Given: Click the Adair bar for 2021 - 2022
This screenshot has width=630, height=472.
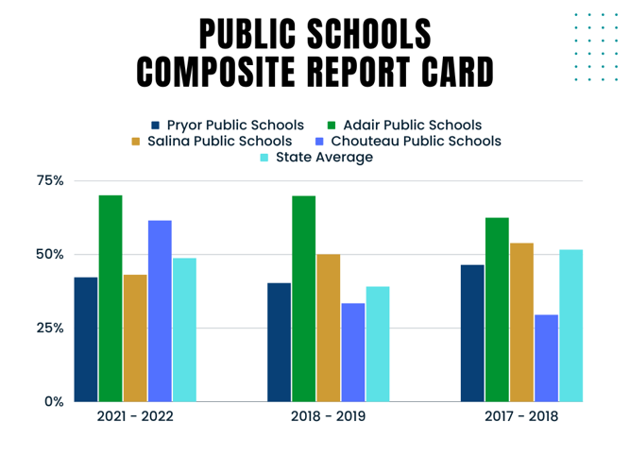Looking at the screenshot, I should point(111,298).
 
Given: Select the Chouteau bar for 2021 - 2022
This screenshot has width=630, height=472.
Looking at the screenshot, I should point(160,312).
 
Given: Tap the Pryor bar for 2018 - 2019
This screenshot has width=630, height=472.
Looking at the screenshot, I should point(279,342).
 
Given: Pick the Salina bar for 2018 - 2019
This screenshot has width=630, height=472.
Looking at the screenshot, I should point(328,328).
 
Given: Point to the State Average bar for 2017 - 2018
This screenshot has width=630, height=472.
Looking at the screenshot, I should point(570,326).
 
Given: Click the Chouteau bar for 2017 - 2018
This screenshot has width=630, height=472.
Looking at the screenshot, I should point(546,358).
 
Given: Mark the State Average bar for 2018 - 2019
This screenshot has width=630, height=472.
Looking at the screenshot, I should point(377,345).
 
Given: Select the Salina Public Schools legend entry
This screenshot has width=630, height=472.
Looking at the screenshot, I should point(219,141).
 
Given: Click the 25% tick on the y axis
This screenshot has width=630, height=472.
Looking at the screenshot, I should point(51,328).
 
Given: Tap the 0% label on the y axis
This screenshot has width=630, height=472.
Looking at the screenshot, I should point(54,401).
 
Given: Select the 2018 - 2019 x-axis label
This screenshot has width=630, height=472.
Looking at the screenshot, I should point(328,416).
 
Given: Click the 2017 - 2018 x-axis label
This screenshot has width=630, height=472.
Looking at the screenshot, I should point(521,416).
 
